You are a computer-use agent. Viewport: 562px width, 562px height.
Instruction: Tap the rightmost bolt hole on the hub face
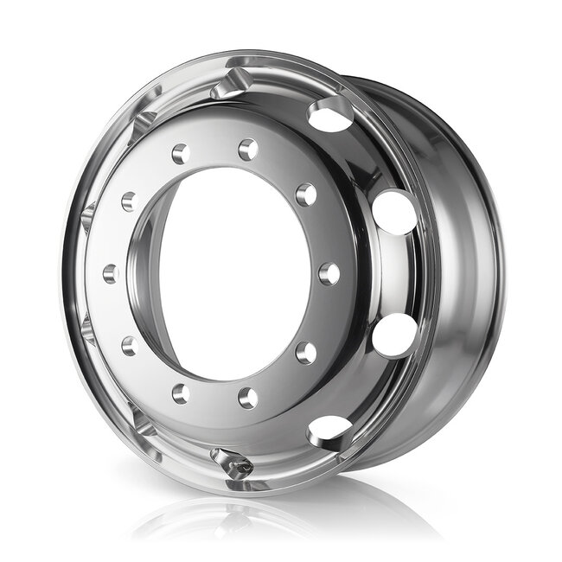point(329,274)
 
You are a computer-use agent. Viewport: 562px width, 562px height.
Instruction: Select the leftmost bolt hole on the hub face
point(111,273)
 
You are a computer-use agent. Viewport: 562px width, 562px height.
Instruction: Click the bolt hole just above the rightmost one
point(306,195)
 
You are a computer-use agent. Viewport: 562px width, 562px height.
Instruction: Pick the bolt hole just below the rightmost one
point(306,352)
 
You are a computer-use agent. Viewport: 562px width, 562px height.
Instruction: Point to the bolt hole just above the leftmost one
point(130,201)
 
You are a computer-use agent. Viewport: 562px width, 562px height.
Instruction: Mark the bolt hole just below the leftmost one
point(130,346)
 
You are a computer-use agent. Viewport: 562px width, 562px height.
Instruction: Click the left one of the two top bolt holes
point(181,154)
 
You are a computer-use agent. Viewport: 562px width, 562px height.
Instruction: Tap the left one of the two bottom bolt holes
point(181,393)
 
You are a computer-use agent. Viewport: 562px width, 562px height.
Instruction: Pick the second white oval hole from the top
point(393,211)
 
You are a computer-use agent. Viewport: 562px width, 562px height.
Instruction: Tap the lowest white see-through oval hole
point(331,430)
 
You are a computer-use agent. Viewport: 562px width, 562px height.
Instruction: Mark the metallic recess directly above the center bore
point(232,83)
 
